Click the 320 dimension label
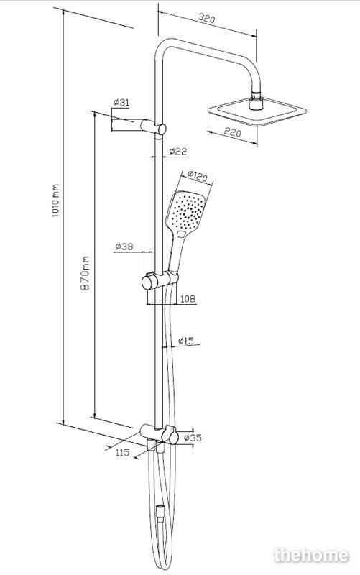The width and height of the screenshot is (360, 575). [x=206, y=19]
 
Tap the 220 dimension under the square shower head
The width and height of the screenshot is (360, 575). [x=232, y=132]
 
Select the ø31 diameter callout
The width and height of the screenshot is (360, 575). [x=121, y=102]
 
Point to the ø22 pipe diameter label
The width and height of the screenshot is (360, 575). [x=178, y=151]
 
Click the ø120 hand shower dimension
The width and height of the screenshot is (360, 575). [x=197, y=176]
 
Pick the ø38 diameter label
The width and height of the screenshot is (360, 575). [x=124, y=247]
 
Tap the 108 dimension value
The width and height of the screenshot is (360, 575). [x=188, y=299]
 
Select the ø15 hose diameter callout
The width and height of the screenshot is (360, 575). [x=186, y=341]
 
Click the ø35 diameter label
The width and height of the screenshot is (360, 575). [x=193, y=438]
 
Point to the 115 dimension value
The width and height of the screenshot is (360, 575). [x=122, y=452]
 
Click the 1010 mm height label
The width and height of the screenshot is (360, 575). [x=55, y=201]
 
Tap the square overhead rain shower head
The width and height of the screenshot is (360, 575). [x=257, y=111]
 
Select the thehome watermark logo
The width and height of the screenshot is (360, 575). [x=311, y=555]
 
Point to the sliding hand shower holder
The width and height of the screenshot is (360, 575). [x=160, y=280]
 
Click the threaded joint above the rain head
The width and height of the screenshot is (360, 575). [x=257, y=96]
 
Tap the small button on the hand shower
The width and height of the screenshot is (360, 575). [x=182, y=234]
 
